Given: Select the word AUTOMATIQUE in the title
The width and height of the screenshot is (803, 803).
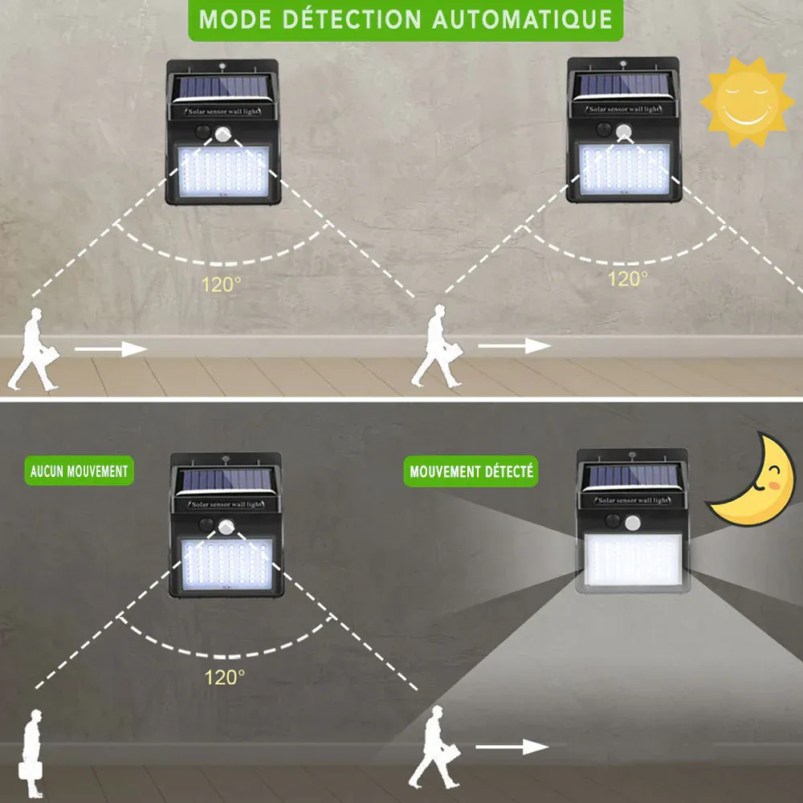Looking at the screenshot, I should click(522, 20).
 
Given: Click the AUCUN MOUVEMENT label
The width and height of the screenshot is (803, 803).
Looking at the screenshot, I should click(79, 471).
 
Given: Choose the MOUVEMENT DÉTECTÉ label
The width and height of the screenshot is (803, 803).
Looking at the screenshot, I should click(471, 471).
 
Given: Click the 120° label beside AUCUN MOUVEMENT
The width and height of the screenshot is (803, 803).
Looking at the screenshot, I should click(223, 677).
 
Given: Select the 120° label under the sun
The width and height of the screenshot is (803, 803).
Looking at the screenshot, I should click(627, 279).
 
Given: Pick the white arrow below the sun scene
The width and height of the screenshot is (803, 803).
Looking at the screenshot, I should click(514, 346).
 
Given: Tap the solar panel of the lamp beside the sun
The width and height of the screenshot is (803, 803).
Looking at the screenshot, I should click(622, 84).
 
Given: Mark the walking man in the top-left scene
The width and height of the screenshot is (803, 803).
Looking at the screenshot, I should click(37, 350).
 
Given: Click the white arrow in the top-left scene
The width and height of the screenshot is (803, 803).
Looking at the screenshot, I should click(111, 349).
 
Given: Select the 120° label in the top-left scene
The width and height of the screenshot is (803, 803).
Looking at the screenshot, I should click(221, 284).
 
